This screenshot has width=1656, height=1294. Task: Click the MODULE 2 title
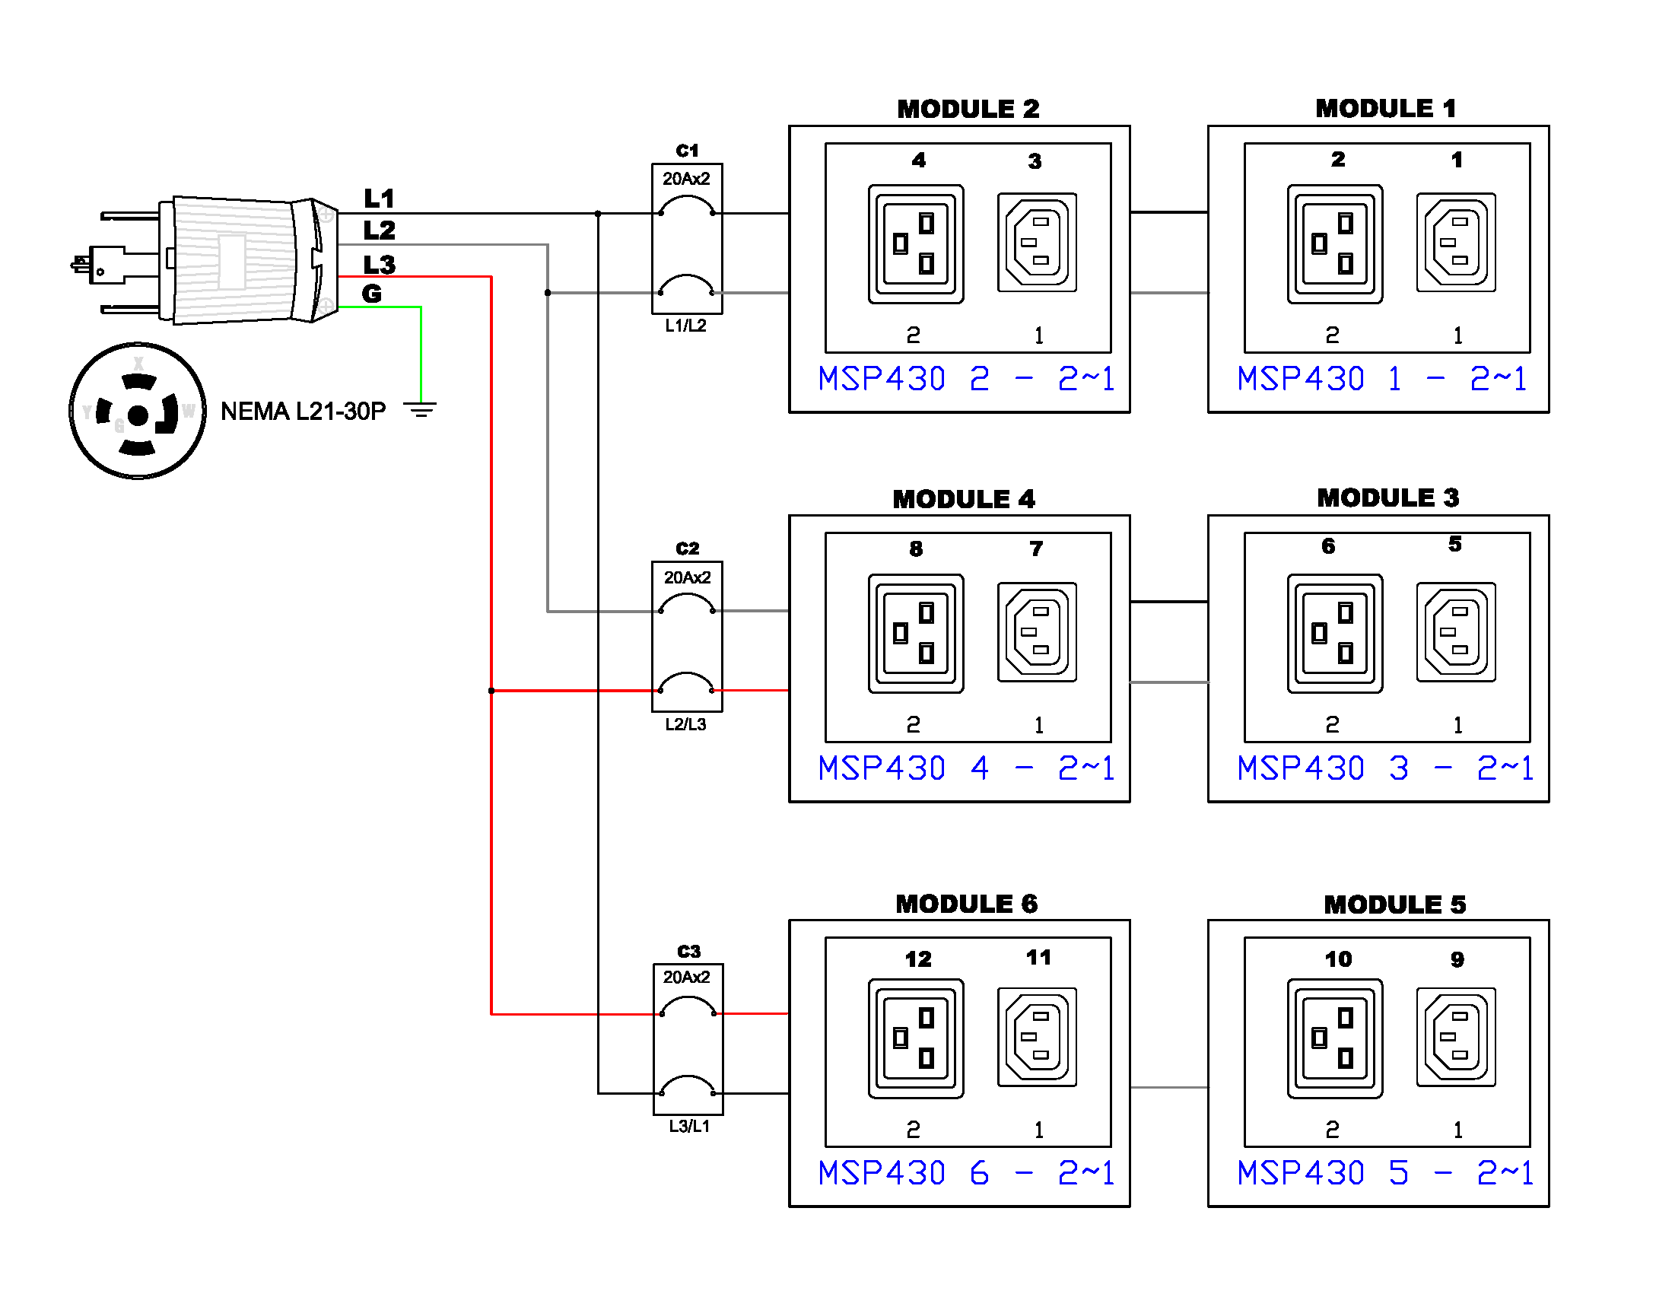click(x=968, y=109)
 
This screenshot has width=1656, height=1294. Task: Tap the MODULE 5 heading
click(x=1394, y=905)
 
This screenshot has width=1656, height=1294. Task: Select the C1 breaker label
click(x=687, y=151)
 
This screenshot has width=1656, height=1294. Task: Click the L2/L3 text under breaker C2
click(x=685, y=724)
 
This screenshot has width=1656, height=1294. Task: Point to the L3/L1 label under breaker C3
click(x=689, y=1126)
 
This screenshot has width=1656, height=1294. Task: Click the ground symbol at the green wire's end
click(x=420, y=410)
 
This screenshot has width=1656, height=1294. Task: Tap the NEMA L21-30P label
click(x=303, y=412)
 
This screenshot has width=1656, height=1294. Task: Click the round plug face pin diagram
click(x=138, y=412)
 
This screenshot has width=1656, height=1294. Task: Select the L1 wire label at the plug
click(x=379, y=199)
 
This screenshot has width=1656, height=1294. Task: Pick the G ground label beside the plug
click(x=371, y=294)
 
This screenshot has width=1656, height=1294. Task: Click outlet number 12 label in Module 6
click(x=918, y=959)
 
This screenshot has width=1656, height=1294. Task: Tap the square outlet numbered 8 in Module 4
click(x=916, y=633)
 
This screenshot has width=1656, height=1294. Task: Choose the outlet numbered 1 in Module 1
click(x=1456, y=243)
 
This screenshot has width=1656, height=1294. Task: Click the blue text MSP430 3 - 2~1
click(x=1384, y=768)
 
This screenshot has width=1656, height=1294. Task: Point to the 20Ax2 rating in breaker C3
click(x=686, y=977)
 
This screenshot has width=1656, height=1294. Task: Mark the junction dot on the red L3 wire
click(x=491, y=691)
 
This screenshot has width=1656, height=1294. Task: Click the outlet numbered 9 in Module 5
click(x=1456, y=1037)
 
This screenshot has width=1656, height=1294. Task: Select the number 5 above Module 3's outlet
click(x=1454, y=544)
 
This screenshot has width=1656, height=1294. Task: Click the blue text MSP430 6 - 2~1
click(x=966, y=1173)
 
